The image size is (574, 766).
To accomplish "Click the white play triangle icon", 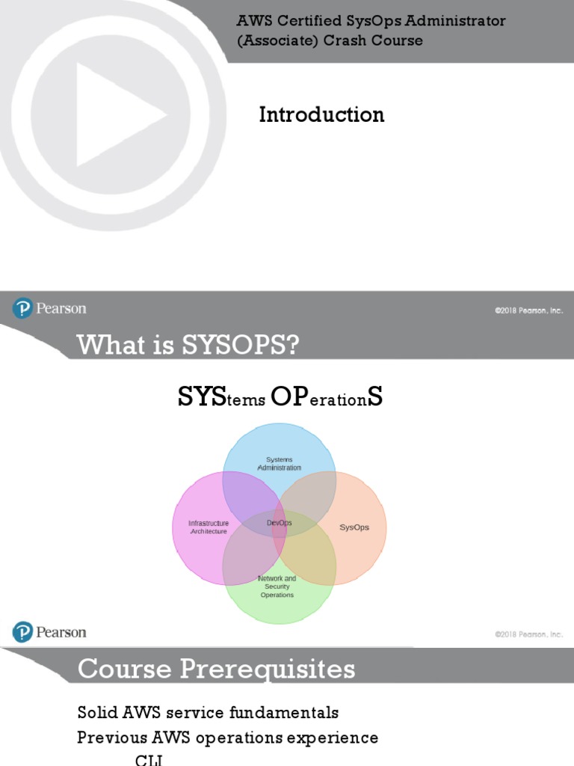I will click(116, 114).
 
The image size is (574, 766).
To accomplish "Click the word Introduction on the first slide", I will click(321, 114).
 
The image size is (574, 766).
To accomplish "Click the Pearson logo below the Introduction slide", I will click(49, 308).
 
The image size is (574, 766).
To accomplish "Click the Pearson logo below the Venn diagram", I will click(49, 632).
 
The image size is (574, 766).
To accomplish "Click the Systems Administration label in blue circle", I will click(279, 463).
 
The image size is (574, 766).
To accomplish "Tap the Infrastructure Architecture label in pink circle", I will click(209, 527).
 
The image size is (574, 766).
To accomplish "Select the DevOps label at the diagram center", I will click(279, 523).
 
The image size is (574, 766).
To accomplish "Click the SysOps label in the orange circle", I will click(354, 527).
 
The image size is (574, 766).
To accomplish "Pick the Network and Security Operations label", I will click(277, 586).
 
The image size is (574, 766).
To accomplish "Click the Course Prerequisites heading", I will click(216, 669).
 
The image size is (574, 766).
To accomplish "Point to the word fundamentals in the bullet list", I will click(284, 712).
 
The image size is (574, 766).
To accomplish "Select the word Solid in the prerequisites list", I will click(96, 712).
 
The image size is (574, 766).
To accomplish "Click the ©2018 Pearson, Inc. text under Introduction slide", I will click(528, 310).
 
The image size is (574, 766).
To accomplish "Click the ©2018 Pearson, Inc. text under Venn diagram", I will click(528, 634).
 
